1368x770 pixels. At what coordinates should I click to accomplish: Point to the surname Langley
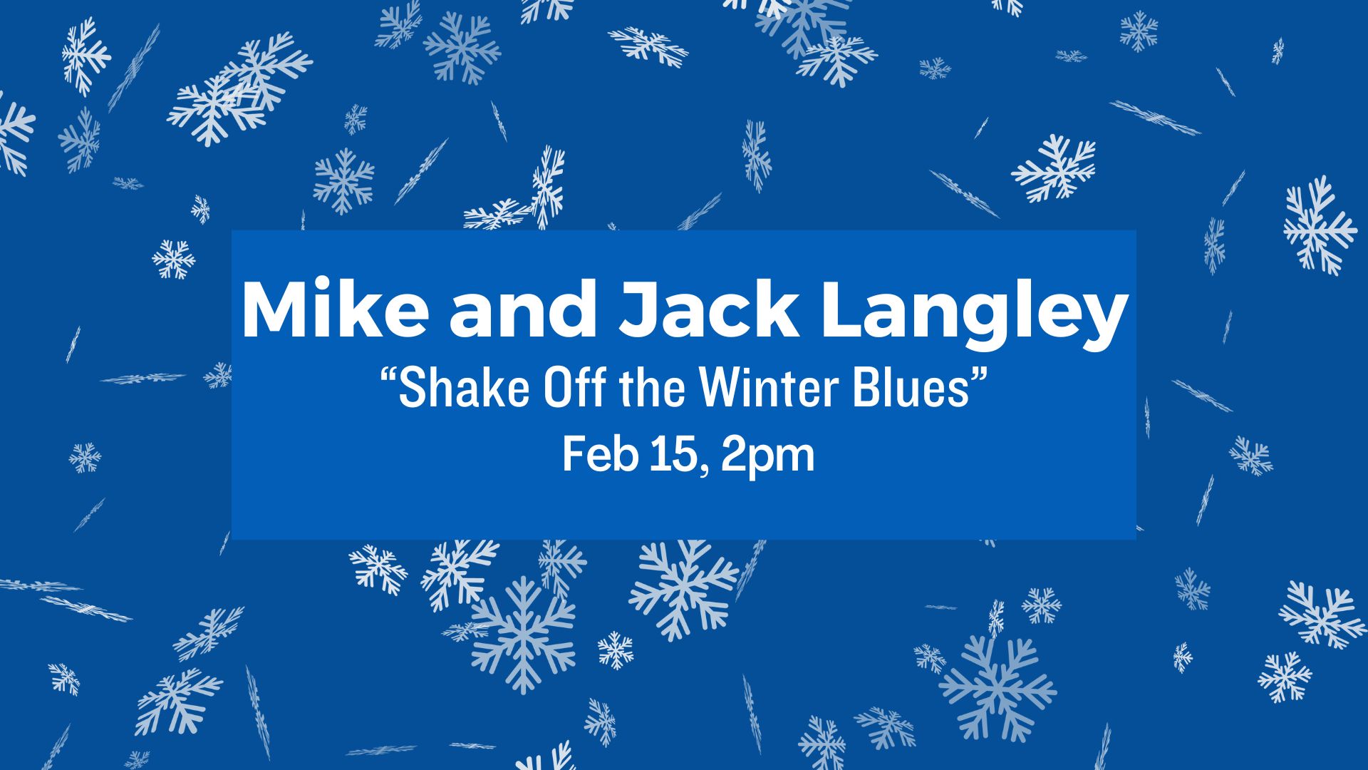pyautogui.click(x=973, y=317)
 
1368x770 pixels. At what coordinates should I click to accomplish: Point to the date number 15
pyautogui.click(x=672, y=454)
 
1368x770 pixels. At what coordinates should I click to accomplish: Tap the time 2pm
pyautogui.click(x=767, y=457)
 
